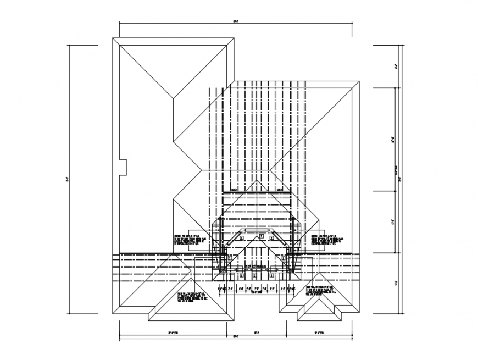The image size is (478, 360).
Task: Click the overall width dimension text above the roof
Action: coord(235,21)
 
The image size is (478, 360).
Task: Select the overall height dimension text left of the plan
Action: coord(66,179)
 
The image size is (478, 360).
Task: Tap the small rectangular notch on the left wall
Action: coord(124,167)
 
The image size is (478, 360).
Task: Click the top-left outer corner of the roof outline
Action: coord(113,38)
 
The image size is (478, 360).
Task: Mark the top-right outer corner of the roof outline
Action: coord(359,82)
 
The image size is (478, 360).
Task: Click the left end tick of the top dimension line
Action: coord(120,24)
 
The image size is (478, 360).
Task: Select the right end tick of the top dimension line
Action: coord(352,24)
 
